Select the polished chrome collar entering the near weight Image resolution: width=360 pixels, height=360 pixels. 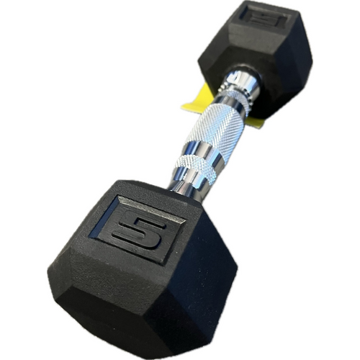click(181, 184)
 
